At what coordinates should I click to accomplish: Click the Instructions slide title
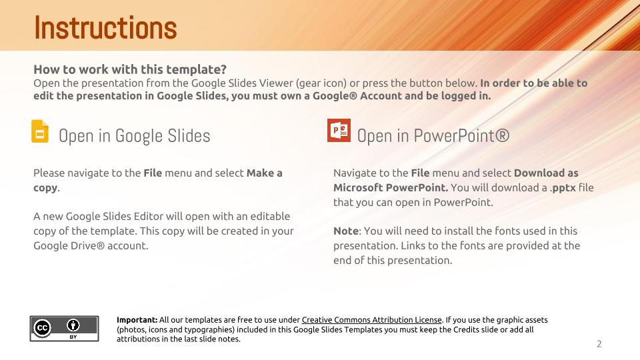pos(105,28)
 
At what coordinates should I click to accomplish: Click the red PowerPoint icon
pos(339,130)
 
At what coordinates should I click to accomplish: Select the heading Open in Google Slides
pos(134,136)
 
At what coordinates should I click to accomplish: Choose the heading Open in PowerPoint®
pos(433,136)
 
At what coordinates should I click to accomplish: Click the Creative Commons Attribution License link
pos(371,320)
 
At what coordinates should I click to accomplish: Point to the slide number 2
pos(599,344)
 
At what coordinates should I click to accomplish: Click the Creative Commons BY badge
pos(64,329)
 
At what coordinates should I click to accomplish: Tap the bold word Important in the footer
pos(137,320)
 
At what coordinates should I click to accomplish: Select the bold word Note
pos(345,231)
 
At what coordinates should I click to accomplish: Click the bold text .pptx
pos(563,187)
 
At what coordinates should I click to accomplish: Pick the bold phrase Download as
pos(546,173)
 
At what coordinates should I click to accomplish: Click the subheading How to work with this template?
pos(130,69)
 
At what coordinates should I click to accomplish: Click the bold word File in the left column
pos(153,173)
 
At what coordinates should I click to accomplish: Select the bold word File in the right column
pos(420,173)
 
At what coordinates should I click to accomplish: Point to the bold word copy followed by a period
pos(45,187)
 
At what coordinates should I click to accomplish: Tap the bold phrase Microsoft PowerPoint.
pos(390,187)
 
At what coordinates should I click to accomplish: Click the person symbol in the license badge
pos(73,325)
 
